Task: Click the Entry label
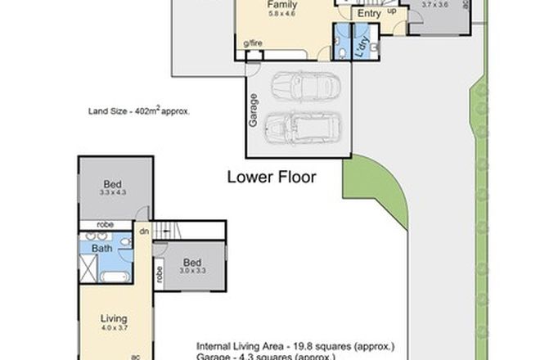[370, 12]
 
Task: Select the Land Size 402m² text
[139, 111]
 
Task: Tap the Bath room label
[101, 248]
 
